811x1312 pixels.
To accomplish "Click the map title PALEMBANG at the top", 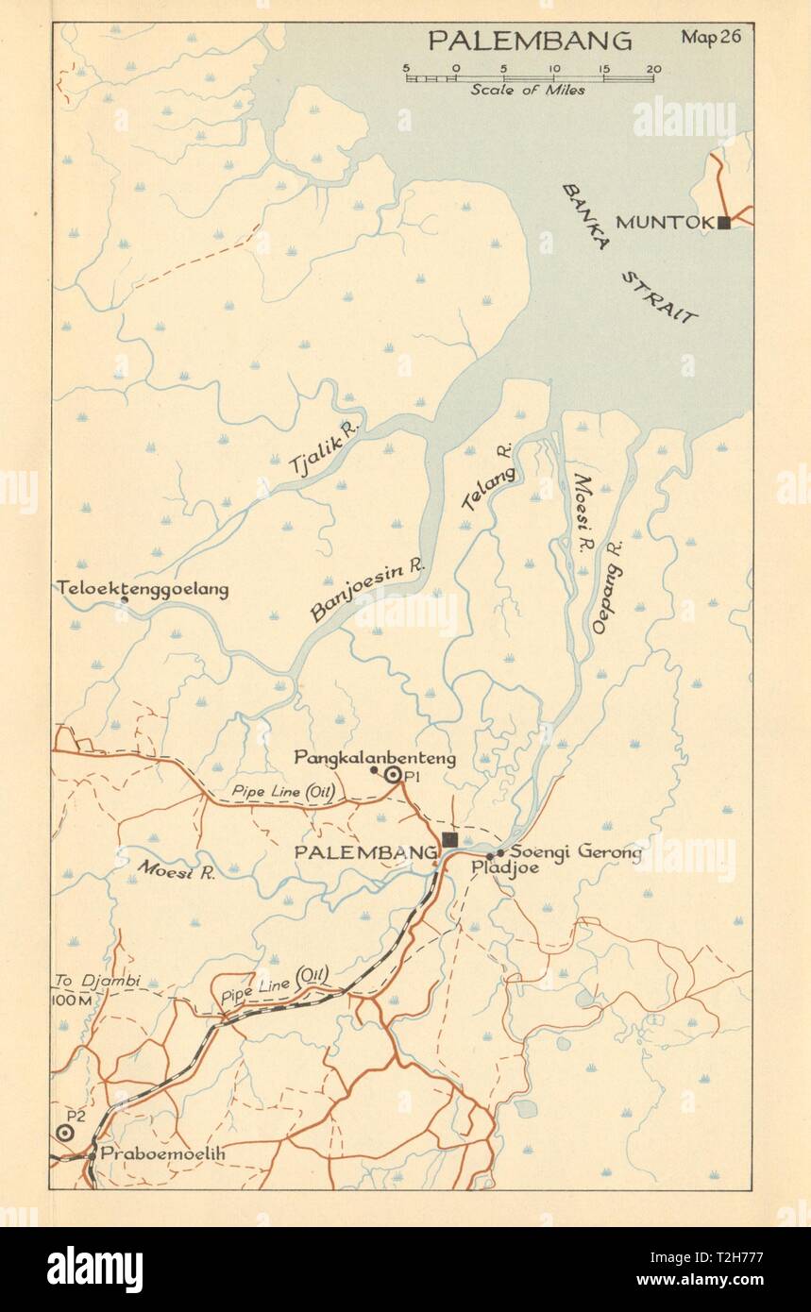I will (x=530, y=41).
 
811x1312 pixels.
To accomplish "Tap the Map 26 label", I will (x=712, y=38).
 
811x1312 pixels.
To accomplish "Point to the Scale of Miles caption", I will (x=528, y=91).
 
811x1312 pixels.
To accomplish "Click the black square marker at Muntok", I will (x=723, y=223).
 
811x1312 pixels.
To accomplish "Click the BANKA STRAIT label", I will (x=629, y=253).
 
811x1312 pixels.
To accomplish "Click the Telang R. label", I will (x=488, y=477).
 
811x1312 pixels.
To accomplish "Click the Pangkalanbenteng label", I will (x=375, y=757).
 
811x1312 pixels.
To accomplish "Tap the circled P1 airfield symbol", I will (x=393, y=775).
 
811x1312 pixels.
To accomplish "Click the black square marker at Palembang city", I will (x=449, y=839).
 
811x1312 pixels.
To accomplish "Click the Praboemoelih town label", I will (x=150, y=1153).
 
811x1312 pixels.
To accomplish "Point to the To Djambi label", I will (x=94, y=982).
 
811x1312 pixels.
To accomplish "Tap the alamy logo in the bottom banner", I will (x=94, y=1270).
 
